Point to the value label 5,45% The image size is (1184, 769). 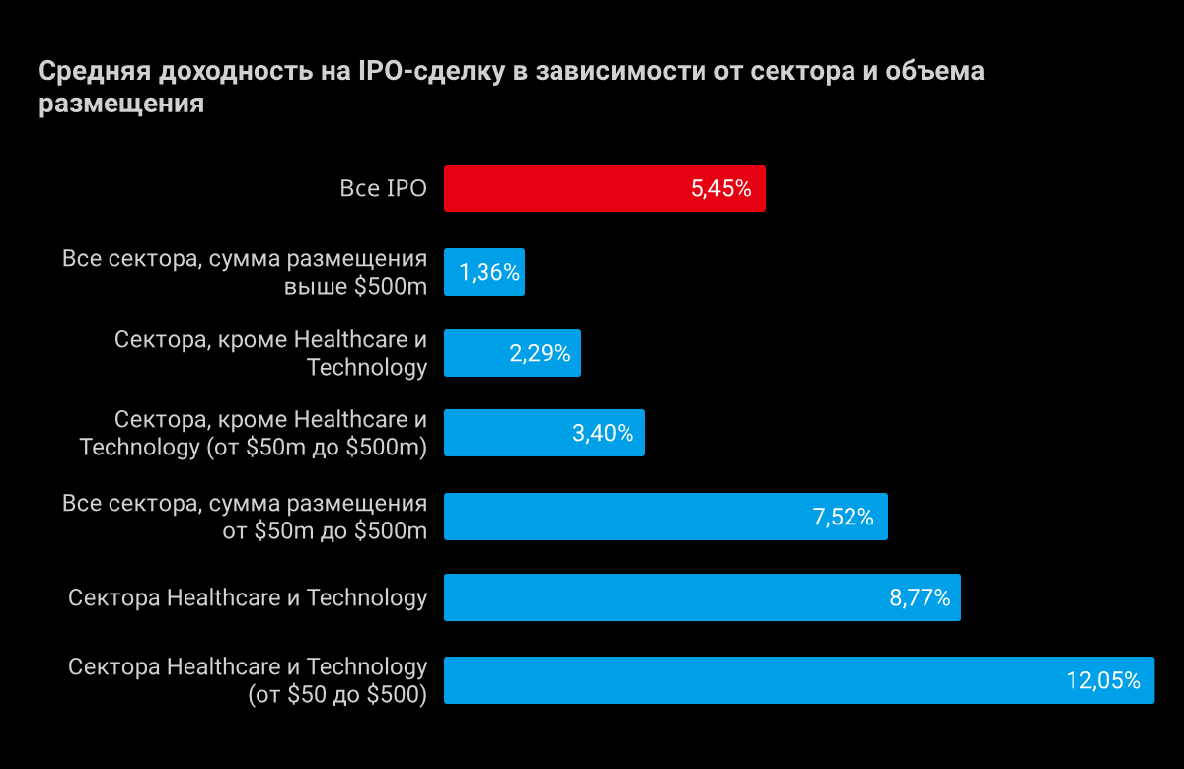point(721,189)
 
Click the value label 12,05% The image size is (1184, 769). point(1103,680)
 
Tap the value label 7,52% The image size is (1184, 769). point(844,517)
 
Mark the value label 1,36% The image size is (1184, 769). point(490,272)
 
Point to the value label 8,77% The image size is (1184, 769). point(920,597)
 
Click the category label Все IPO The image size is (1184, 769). point(384,189)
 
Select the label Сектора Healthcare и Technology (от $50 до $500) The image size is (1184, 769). point(248,680)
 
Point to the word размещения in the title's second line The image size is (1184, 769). point(121,105)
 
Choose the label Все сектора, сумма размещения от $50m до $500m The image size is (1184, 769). point(245,517)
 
